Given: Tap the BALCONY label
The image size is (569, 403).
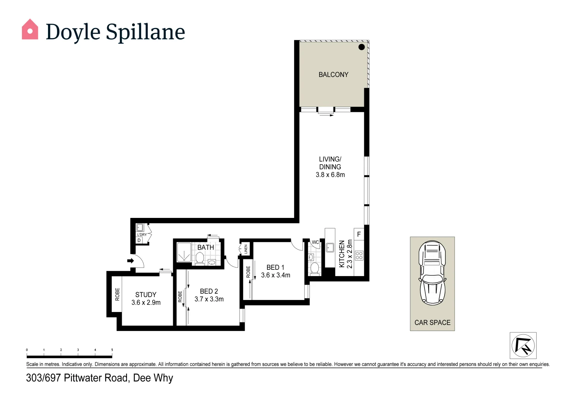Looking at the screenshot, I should pos(333,75).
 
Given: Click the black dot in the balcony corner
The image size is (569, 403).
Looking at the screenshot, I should pos(361,47).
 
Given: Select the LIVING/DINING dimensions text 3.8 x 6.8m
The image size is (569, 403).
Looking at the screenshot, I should pos(330,175).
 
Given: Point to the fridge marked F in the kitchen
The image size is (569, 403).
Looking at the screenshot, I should pos(359,234).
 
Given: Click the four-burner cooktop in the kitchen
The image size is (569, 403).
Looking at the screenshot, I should pos(359,256).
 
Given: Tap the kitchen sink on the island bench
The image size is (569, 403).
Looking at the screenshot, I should pos(330,247).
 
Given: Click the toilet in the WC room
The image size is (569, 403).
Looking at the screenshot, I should pos(315,268).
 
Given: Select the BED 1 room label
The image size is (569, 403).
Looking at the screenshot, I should pos(275,268).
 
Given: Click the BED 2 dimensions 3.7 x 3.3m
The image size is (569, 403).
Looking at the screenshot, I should pos(209,299).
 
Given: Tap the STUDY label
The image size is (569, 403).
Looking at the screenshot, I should pos(146,295).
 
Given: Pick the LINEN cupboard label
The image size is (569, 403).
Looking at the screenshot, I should pos(246,249).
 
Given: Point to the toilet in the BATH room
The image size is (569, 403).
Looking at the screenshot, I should pos(200,258).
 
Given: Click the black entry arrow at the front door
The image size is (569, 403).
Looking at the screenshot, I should pos(130,260).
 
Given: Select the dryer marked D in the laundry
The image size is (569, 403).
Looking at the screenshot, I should pos(139,240).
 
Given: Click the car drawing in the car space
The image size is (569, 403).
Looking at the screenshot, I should pos(432,272).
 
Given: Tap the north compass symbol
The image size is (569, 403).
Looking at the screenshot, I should pos(523,346).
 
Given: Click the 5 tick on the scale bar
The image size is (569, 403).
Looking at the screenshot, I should pos(112,350).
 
